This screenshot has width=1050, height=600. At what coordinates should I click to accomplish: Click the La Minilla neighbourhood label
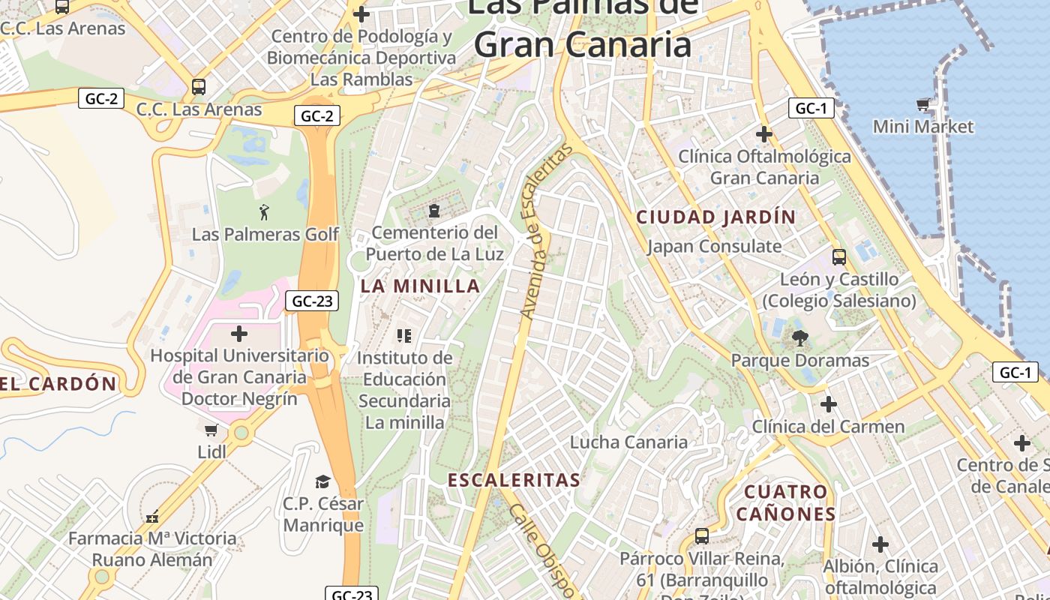tap(420, 286)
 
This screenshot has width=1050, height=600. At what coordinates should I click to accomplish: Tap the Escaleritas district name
tap(514, 480)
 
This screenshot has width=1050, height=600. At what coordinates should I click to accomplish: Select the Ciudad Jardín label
tap(715, 217)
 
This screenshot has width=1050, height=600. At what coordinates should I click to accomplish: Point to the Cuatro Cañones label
tap(785, 502)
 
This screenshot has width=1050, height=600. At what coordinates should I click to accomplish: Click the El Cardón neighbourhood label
tap(58, 384)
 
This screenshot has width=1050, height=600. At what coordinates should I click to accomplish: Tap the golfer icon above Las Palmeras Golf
tap(264, 212)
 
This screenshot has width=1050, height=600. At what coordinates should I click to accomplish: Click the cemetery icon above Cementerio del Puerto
tap(433, 211)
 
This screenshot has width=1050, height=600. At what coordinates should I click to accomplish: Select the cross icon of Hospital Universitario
tap(239, 333)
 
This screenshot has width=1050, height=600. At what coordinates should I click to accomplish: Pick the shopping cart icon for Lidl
tap(211, 430)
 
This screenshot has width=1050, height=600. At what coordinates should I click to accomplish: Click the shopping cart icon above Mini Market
tap(922, 104)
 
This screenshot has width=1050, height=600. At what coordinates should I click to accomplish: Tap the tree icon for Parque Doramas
tap(800, 338)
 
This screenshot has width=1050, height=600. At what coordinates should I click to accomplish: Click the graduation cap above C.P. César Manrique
tap(322, 481)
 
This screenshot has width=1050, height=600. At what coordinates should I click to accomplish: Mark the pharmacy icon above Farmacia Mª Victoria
tap(152, 516)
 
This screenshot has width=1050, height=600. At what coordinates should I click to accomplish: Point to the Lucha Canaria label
tap(628, 442)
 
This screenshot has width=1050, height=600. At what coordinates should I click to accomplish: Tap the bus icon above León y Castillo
tap(839, 257)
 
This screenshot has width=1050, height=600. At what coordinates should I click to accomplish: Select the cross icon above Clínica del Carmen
tap(828, 404)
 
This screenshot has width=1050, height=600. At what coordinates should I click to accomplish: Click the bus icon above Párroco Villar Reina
tap(702, 536)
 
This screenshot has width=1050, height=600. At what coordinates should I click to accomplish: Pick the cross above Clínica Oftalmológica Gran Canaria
tap(763, 134)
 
